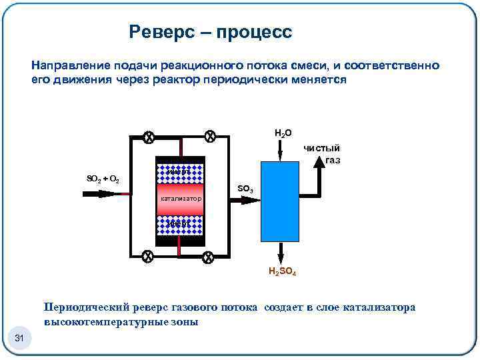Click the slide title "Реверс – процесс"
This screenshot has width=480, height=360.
[x=211, y=31]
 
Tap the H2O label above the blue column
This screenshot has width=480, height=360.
[x=283, y=133]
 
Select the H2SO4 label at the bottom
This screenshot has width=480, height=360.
[x=283, y=271]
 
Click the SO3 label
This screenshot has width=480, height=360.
[x=245, y=189]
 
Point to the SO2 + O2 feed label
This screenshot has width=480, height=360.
[x=103, y=179]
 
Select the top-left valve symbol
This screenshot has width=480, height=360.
[x=149, y=137]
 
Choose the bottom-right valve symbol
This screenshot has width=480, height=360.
[x=207, y=257]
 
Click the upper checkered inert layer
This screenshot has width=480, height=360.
[x=179, y=171]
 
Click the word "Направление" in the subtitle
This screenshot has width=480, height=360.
[x=64, y=67]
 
